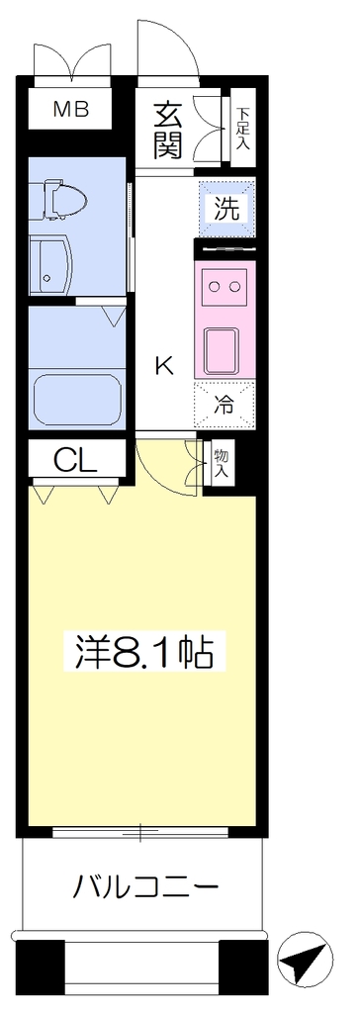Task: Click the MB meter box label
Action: [x=71, y=110]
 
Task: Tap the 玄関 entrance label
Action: [x=168, y=132]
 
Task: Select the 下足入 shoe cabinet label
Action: [x=242, y=128]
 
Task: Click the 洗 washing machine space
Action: [x=226, y=209]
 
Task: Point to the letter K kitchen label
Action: [x=164, y=367]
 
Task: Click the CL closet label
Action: [x=75, y=461]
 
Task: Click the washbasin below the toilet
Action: [x=50, y=263]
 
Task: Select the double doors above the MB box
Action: [x=72, y=59]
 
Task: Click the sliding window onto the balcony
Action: [x=140, y=831]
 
